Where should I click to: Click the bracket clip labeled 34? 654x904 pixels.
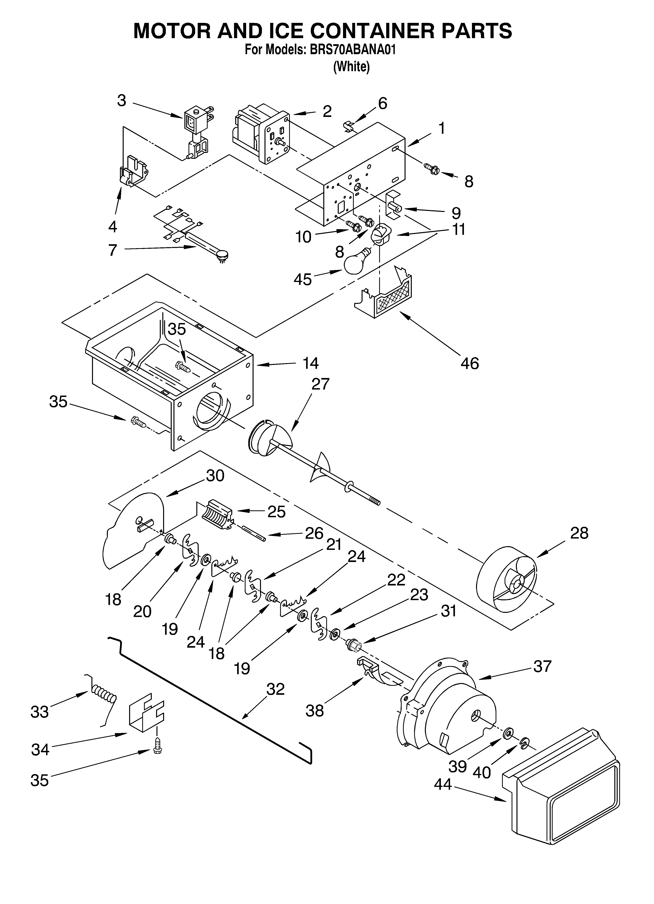click(146, 716)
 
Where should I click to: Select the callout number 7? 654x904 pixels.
click(113, 250)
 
